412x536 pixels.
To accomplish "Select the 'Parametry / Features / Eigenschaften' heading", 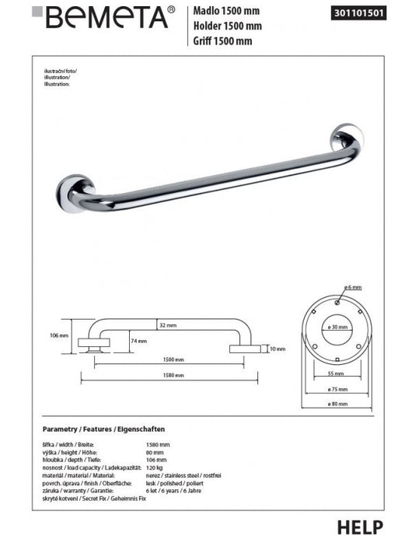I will (x=103, y=429).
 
